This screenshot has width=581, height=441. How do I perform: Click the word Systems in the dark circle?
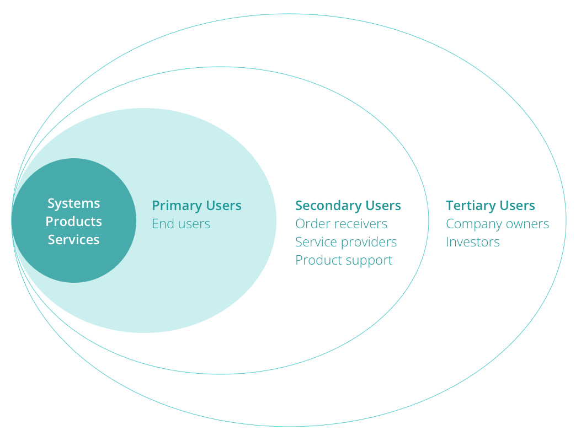pyautogui.click(x=73, y=203)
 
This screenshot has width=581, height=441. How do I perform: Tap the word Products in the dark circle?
pyautogui.click(x=73, y=222)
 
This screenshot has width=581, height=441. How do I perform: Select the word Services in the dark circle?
pyautogui.click(x=73, y=240)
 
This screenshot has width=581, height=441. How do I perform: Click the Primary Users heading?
pyautogui.click(x=196, y=206)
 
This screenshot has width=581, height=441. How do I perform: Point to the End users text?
pyautogui.click(x=181, y=224)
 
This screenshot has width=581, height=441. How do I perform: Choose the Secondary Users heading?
pyautogui.click(x=348, y=206)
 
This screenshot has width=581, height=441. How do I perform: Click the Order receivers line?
pyautogui.click(x=341, y=224)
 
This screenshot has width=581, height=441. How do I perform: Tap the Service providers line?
pyautogui.click(x=346, y=242)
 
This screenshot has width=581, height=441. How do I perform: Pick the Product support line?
pyautogui.click(x=344, y=260)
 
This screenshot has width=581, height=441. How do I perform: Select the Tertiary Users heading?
pyautogui.click(x=490, y=206)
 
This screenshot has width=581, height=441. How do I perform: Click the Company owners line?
pyautogui.click(x=497, y=224)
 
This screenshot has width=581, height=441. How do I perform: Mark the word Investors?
pyautogui.click(x=472, y=242)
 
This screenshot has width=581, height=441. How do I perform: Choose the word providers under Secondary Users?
pyautogui.click(x=370, y=242)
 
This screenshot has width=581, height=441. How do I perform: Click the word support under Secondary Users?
pyautogui.click(x=370, y=260)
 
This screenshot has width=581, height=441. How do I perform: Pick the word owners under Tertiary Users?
pyautogui.click(x=528, y=224)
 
